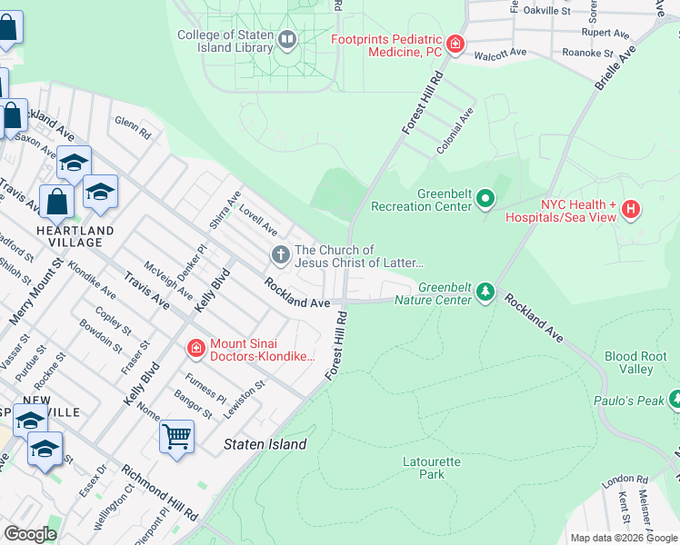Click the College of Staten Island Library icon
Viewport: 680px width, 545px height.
point(287,38)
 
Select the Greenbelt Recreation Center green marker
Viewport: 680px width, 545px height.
point(485,197)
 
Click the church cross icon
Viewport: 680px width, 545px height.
point(281,255)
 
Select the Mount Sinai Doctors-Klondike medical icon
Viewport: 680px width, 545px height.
point(195,348)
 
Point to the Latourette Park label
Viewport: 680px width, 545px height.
point(432,468)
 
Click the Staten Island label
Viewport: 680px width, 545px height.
point(265,444)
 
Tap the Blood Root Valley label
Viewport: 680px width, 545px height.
point(629,362)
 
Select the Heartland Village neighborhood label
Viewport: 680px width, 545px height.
point(75,236)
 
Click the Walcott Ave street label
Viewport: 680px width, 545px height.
point(500,53)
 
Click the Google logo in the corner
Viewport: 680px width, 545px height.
point(30,534)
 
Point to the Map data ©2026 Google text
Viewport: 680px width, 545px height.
point(623,538)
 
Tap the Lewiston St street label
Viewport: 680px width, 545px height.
point(245,398)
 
